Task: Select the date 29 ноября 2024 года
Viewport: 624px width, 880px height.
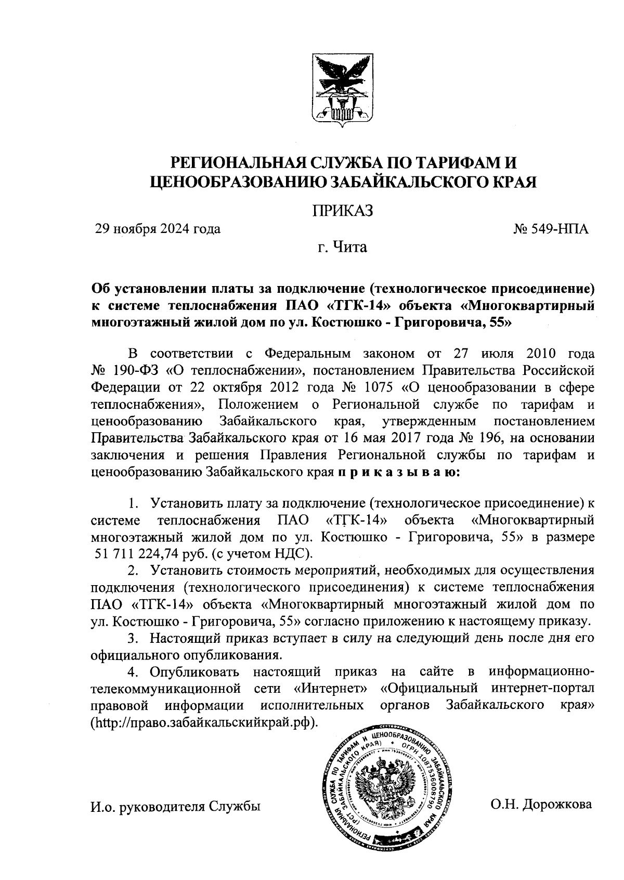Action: tap(157, 229)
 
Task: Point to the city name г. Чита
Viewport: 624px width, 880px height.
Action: tap(343, 247)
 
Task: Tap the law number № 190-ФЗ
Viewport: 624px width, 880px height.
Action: tap(125, 371)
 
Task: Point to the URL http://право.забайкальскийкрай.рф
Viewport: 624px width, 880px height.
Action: tap(204, 723)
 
